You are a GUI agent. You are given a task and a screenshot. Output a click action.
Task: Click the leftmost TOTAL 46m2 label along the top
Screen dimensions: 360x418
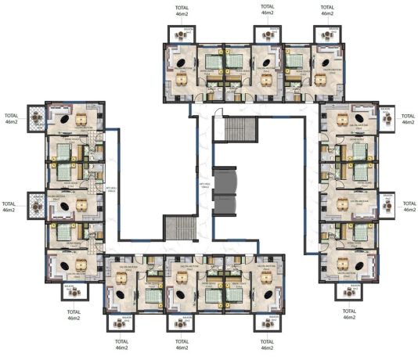point(182,10)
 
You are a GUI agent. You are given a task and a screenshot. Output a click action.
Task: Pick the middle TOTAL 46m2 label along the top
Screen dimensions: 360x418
point(267,9)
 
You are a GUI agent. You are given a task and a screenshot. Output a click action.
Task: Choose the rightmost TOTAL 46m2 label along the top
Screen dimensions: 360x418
point(327,10)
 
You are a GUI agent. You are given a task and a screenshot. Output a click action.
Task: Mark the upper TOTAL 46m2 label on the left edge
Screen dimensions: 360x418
point(10,118)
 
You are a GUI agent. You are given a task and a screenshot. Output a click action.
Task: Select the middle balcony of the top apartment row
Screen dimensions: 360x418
point(267,34)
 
